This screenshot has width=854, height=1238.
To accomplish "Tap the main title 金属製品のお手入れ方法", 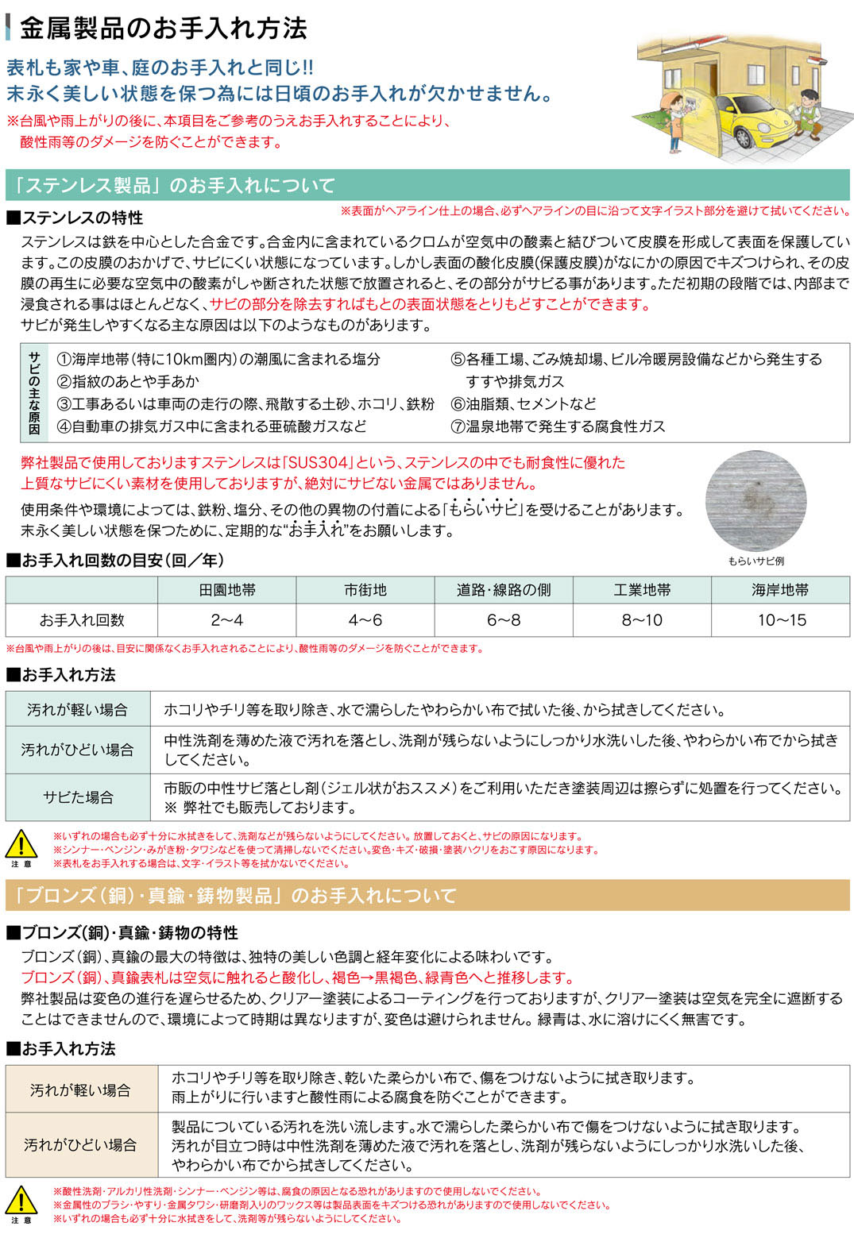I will [163, 29].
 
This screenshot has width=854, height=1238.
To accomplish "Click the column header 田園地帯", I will [227, 590].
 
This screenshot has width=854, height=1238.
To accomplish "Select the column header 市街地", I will [365, 590].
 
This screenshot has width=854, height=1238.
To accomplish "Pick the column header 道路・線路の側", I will [504, 590].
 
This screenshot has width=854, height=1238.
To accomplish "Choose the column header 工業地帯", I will [642, 590].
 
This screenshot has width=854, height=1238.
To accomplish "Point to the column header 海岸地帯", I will [780, 590].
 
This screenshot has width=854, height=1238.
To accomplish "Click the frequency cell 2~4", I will [227, 620].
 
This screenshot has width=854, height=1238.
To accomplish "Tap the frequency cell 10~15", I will [781, 620].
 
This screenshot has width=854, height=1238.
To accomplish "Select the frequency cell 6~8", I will [504, 620].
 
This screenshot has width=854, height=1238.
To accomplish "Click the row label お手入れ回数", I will [82, 620].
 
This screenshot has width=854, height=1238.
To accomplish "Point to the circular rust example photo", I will [755, 500].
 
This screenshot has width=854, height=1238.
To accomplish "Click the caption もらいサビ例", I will [755, 561].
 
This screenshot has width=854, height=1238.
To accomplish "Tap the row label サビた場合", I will [78, 797].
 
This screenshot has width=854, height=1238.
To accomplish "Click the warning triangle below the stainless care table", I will [21, 844].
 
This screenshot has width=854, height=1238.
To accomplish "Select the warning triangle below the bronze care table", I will [21, 1199].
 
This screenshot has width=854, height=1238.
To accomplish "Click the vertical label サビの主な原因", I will [34, 392].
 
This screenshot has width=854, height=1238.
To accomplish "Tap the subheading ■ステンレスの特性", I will [75, 218].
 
